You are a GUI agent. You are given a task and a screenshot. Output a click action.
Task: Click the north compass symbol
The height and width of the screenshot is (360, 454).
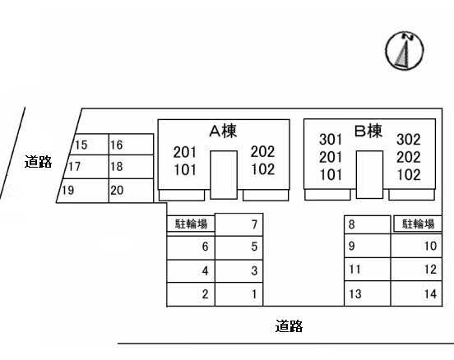point(404,51)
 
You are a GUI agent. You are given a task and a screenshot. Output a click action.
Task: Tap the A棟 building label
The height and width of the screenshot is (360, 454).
point(223,131)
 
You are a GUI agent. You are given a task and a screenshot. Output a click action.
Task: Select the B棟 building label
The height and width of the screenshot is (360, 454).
point(368,130)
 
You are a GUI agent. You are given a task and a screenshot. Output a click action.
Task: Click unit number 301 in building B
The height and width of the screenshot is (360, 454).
point(330,140)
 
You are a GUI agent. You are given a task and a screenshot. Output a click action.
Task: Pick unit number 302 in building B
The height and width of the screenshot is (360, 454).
point(409,140)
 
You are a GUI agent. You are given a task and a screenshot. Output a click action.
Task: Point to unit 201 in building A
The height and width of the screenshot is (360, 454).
point(185,152)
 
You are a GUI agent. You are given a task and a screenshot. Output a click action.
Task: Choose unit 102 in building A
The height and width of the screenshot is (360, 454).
point(262,170)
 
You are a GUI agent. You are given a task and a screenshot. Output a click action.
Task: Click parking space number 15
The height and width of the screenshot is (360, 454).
point(81,145)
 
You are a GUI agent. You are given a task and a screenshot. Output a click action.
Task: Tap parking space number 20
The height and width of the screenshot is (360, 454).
point(117,191)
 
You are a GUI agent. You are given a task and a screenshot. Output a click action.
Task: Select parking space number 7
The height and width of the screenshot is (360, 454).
point(255,224)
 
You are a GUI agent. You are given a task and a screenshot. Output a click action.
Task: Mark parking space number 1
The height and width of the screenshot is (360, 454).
point(255,293)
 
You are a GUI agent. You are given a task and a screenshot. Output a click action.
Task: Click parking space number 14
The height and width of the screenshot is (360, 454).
point(430,293)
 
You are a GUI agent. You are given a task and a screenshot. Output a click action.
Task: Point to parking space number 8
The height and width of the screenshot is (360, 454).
point(351,224)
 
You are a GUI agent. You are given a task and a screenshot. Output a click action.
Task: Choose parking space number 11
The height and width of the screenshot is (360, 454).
point(354,269)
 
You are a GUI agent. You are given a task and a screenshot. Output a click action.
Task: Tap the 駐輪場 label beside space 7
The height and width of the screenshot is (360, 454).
point(191,224)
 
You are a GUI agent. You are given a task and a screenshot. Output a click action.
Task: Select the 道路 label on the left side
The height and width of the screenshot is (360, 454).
point(38,162)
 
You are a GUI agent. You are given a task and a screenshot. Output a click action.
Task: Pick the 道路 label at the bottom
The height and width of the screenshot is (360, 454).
point(289,327)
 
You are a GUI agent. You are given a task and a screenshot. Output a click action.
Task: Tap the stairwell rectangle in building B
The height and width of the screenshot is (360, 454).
point(369,174)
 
